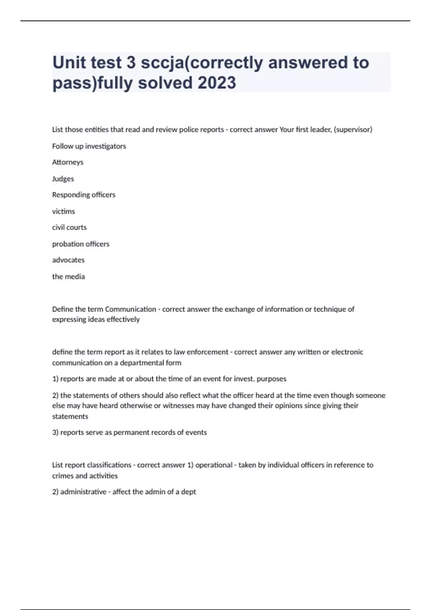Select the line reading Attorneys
click(x=68, y=162)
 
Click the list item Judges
click(x=63, y=179)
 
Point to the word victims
click(x=63, y=211)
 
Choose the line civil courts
click(x=69, y=227)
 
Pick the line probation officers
click(x=80, y=244)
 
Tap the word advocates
click(x=68, y=260)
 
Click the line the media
click(x=68, y=277)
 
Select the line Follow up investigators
click(x=89, y=146)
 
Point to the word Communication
click(x=130, y=309)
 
